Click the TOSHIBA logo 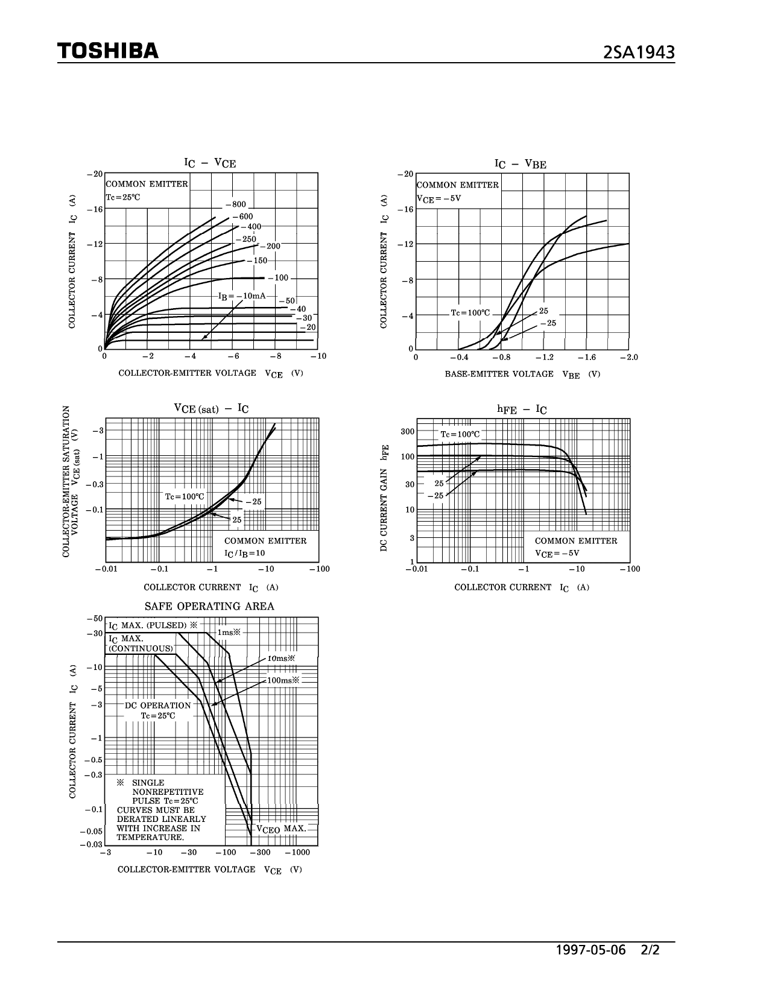[x=108, y=51]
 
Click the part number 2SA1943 [x=639, y=53]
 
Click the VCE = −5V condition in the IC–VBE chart [x=439, y=198]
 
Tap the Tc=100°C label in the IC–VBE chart [x=470, y=314]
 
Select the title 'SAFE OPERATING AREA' [x=209, y=607]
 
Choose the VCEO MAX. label [x=281, y=829]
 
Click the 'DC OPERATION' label [x=158, y=706]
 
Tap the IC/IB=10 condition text [x=245, y=553]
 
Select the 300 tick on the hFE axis [x=408, y=431]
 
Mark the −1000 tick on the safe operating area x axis [x=297, y=853]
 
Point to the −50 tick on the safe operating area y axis [x=95, y=619]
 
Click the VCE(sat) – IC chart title [x=211, y=409]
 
